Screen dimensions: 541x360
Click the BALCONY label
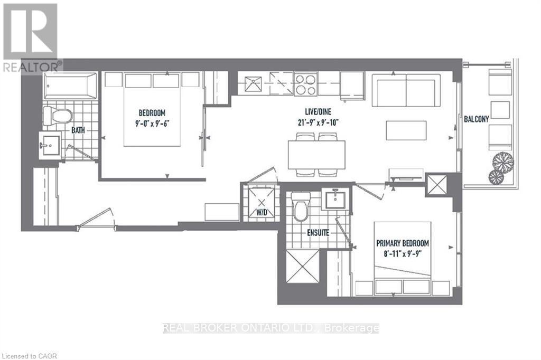(x=476, y=119)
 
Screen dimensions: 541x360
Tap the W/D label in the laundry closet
(x=262, y=212)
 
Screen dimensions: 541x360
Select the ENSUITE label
(x=318, y=233)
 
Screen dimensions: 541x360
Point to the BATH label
(x=78, y=130)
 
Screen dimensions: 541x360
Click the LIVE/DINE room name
(x=318, y=112)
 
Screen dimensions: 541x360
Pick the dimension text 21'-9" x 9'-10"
(x=318, y=122)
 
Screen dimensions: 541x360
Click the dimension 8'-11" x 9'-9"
(x=403, y=254)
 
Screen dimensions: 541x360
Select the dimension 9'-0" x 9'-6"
(x=152, y=123)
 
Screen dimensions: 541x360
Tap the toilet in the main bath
(x=57, y=116)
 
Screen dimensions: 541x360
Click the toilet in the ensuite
(x=300, y=206)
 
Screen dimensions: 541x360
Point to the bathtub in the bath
(x=70, y=86)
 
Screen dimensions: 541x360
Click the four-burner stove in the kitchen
(x=306, y=84)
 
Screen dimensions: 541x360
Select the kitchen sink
(x=253, y=84)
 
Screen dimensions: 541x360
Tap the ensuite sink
(x=335, y=200)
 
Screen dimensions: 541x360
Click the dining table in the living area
(x=317, y=155)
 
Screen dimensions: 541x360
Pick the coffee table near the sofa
(x=406, y=130)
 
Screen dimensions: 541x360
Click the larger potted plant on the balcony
(x=503, y=161)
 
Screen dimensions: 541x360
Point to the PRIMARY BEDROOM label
(x=403, y=243)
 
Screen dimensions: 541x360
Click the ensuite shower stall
(x=303, y=266)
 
